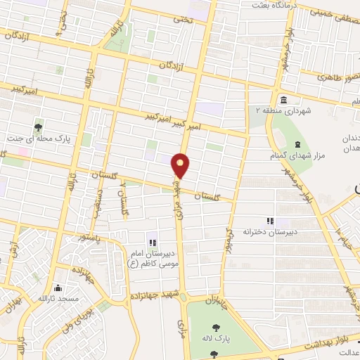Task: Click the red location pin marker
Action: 181,166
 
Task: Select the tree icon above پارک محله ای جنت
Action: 37,127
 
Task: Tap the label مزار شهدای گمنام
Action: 291,154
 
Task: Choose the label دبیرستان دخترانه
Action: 268,231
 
